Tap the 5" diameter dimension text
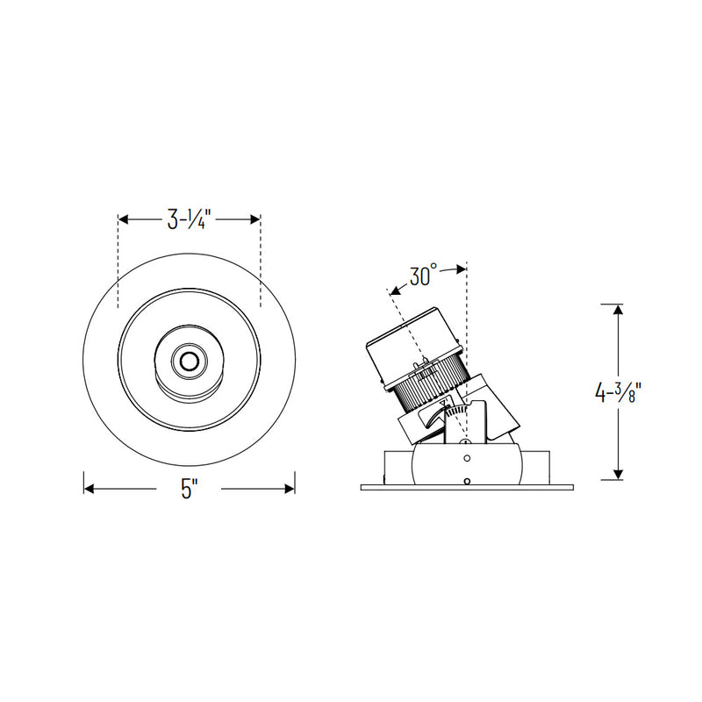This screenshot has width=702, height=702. (190, 489)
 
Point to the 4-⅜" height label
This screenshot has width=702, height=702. (619, 393)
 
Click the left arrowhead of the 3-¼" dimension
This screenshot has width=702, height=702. (124, 219)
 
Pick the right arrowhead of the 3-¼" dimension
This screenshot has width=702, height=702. (255, 219)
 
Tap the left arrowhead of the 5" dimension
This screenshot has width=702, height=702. (90, 489)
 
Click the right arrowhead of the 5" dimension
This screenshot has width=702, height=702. (290, 489)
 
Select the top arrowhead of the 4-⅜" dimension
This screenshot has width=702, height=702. (619, 310)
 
